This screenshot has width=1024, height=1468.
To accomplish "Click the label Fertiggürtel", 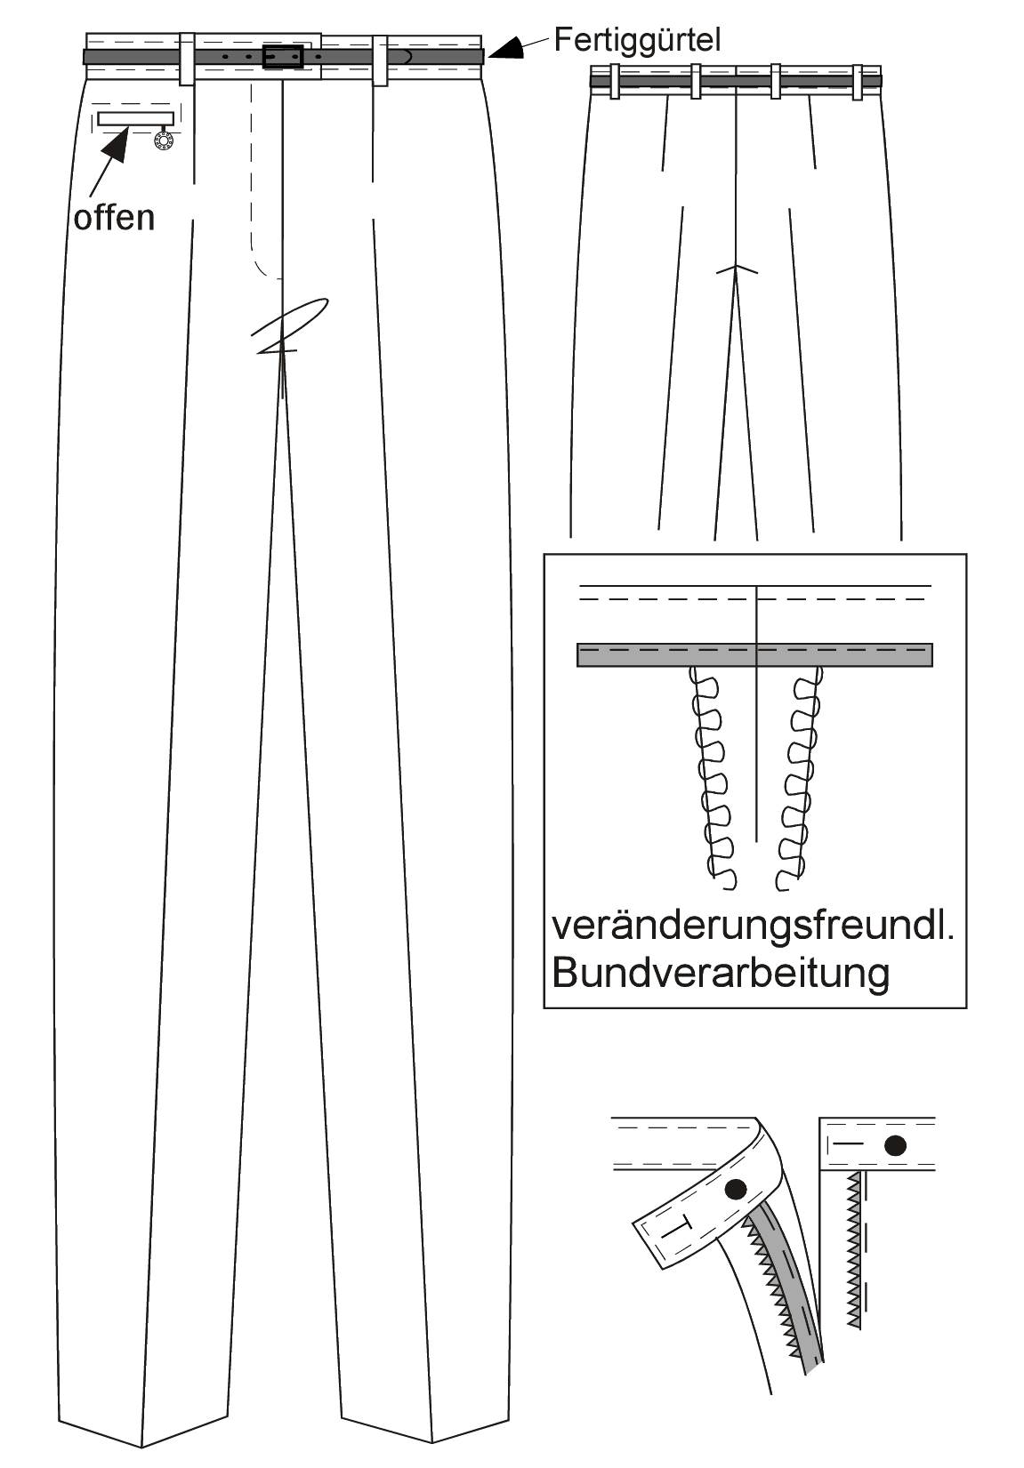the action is [637, 41].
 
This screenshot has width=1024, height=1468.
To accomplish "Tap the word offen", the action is [114, 217].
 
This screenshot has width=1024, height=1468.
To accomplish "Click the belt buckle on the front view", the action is [283, 56].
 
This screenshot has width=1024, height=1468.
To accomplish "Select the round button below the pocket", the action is [163, 140].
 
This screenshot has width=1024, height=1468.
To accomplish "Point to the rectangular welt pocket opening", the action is [136, 118].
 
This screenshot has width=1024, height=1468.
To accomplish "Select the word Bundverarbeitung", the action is [722, 973].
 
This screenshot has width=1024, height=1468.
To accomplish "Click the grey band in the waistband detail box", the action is [754, 654].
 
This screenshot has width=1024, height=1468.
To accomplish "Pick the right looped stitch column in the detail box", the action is [799, 778].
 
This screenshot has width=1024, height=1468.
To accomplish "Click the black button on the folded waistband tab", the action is [737, 1188].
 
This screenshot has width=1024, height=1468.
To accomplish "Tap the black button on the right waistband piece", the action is [896, 1145].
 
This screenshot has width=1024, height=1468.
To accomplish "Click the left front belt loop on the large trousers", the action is [187, 59].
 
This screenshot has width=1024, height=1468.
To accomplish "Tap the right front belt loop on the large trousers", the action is [380, 60].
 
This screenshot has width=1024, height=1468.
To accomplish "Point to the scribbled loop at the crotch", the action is [290, 325].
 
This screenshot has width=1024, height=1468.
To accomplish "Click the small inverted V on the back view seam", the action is [737, 270].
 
